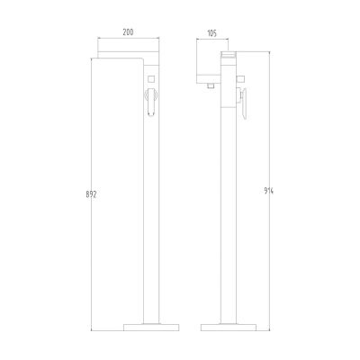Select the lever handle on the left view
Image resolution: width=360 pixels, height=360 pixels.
pos(149,104)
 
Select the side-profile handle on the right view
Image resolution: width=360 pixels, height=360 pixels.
pos(243,106)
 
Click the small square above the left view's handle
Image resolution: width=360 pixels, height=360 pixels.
pos(150,79)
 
